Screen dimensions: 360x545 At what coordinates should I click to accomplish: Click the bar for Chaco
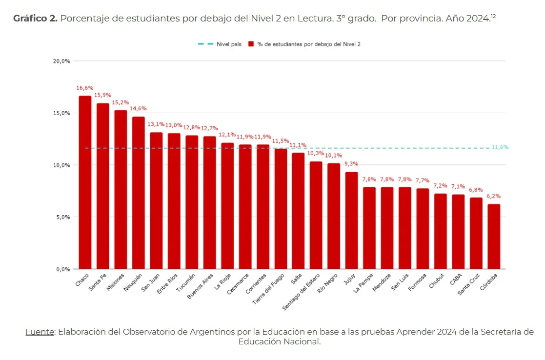click(85, 182)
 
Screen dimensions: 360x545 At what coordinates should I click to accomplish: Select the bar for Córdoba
click(494, 237)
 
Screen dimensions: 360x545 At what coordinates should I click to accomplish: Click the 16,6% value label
click(85, 88)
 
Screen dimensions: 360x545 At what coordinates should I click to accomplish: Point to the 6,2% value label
click(494, 196)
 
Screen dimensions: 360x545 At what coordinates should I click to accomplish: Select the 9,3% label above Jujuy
click(351, 164)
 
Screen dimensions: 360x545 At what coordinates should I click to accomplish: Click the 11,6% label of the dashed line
click(500, 147)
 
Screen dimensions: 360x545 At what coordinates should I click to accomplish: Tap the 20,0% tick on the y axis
click(61, 61)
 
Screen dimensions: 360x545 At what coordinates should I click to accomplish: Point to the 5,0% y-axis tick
click(61, 217)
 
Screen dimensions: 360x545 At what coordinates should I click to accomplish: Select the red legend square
click(251, 44)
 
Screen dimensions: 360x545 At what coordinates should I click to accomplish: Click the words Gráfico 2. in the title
click(35, 19)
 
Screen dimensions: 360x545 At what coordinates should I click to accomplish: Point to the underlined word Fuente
click(40, 332)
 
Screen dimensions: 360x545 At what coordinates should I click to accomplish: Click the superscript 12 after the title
click(493, 16)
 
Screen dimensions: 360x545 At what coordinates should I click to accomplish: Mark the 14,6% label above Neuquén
click(138, 109)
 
